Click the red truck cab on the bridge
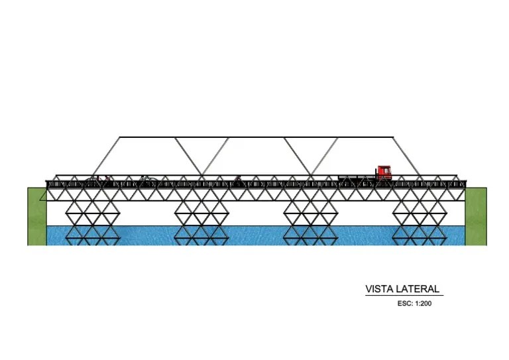point(384,172)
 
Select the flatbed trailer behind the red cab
point(358,177)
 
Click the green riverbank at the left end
point(36,216)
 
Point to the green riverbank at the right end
point(475,216)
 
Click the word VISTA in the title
point(379,289)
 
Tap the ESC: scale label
point(404,304)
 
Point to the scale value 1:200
point(423,304)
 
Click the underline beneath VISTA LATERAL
point(404,296)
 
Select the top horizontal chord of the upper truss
point(256,137)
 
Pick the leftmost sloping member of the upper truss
point(105,157)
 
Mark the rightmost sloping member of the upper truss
point(406,157)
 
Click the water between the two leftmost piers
point(146,235)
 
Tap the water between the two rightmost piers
point(365,235)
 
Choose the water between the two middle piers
point(256,235)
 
